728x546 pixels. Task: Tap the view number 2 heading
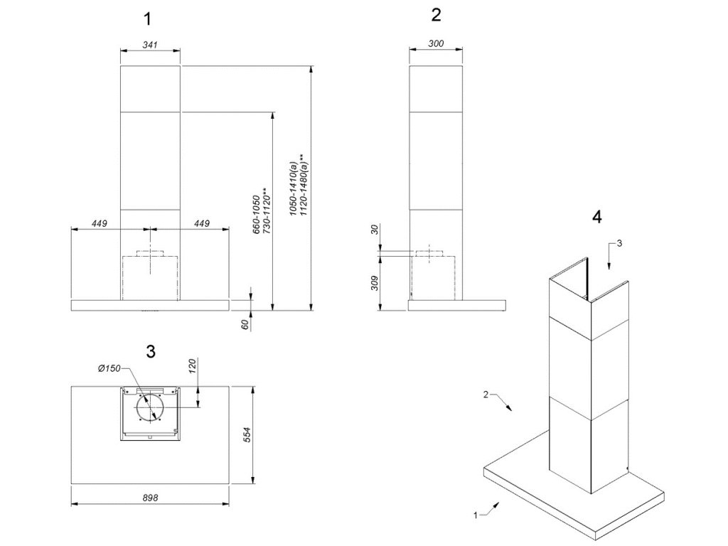click(437, 15)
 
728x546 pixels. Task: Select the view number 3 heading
click(150, 350)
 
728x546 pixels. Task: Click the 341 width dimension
click(149, 45)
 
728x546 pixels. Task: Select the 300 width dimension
click(437, 44)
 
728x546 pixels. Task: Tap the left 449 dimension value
click(99, 224)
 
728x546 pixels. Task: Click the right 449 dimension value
click(202, 224)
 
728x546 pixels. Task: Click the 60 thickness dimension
click(245, 324)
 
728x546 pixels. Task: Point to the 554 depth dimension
click(246, 435)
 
